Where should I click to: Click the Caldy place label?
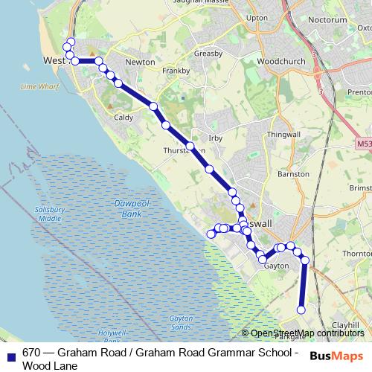pos(123,118)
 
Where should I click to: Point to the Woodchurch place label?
pos(277,60)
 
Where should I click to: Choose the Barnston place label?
pos(292,174)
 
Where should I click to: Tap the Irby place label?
pos(216,138)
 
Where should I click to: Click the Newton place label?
pos(141,62)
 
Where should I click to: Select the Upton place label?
pos(256,38)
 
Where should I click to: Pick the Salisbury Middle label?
pos(50,214)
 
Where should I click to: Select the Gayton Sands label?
pos(180,321)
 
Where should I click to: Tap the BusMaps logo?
pos(336,356)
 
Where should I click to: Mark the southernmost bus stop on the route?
pos(301,310)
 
